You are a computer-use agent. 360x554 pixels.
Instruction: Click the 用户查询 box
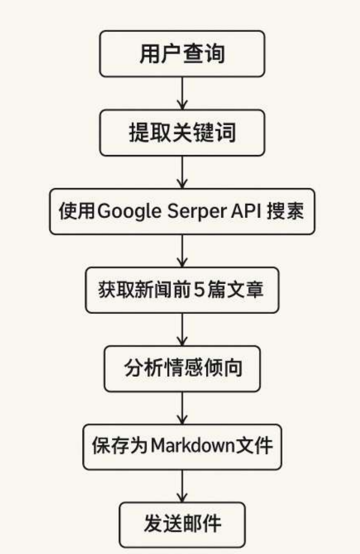pos(182,54)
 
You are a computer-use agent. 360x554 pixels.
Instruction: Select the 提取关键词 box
pos(182,133)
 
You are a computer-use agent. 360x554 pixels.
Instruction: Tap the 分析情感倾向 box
pos(182,369)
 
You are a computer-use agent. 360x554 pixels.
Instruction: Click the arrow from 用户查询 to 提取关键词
pos(182,93)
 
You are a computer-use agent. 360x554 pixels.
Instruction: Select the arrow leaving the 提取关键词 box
pos(182,172)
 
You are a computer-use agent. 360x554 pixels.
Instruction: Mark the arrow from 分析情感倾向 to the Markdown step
pos(182,408)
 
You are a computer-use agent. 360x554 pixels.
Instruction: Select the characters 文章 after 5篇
pos(251,290)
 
